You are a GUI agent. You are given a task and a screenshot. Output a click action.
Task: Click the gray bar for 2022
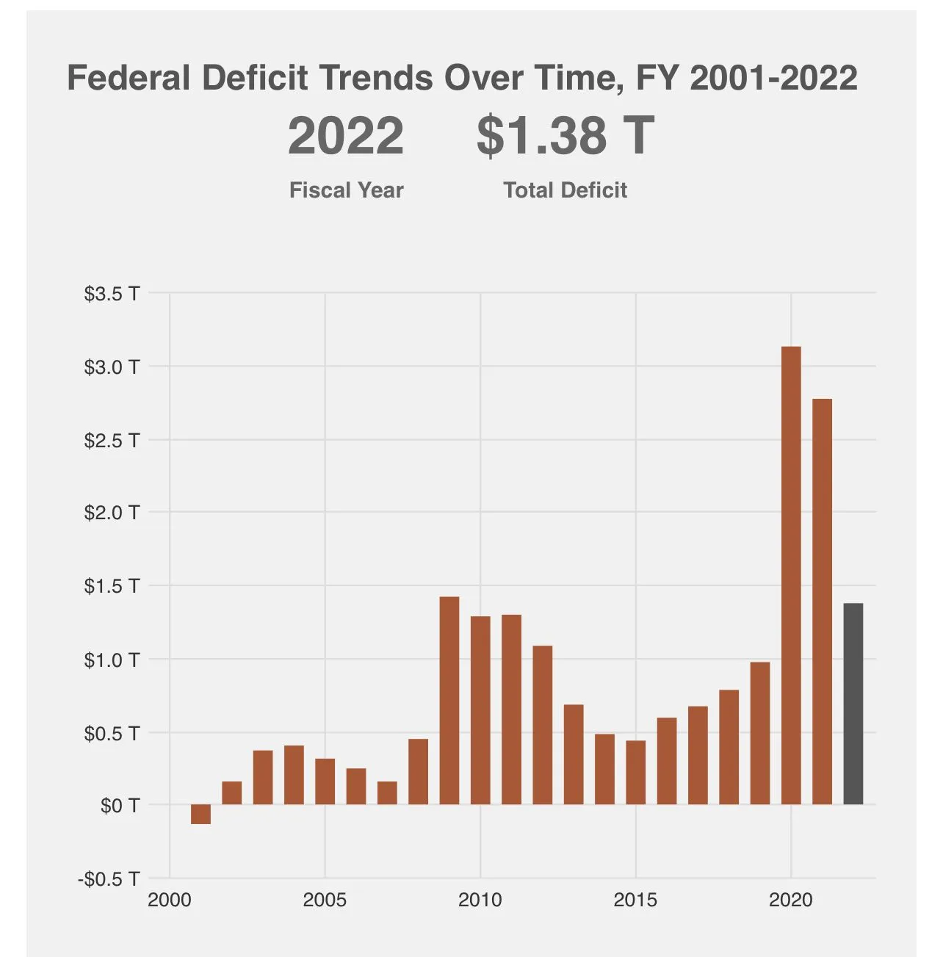tap(853, 704)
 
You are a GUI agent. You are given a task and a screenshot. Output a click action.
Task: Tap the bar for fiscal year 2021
tap(822, 602)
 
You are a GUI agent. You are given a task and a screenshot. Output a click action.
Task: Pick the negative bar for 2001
tap(200, 814)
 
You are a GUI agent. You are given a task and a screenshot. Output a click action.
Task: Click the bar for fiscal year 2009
tap(449, 701)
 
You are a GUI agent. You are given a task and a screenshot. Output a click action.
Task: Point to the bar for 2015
tap(636, 773)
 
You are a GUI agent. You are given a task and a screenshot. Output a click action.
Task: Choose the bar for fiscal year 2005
tap(325, 781)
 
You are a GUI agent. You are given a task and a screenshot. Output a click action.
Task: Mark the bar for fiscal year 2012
tap(543, 725)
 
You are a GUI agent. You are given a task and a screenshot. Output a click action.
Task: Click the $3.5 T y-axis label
tap(112, 294)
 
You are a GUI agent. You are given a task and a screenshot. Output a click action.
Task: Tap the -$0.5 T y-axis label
tap(109, 878)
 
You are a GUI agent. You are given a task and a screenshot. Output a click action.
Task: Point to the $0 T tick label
tap(120, 806)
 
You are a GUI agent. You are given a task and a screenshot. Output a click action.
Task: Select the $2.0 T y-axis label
tap(112, 513)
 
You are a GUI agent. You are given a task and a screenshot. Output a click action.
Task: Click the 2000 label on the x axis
tap(170, 900)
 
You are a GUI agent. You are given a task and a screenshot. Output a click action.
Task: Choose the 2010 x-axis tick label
tap(480, 900)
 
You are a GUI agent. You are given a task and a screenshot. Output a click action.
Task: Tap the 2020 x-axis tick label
tap(791, 900)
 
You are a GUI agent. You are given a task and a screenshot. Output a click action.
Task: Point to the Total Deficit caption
tap(565, 190)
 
